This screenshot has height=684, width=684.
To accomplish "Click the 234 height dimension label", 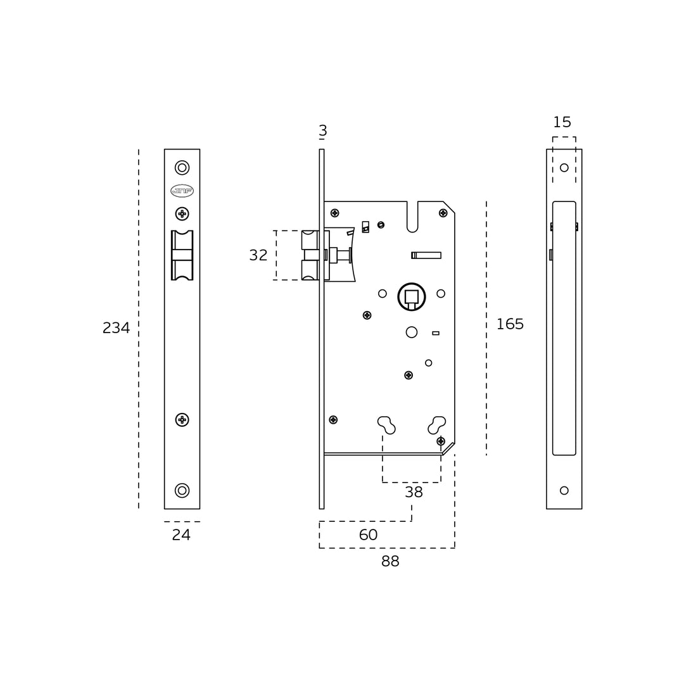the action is pyautogui.click(x=116, y=327).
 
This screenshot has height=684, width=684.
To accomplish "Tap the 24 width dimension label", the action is pyautogui.click(x=181, y=535).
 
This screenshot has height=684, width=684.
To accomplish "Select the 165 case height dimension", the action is pyautogui.click(x=510, y=324).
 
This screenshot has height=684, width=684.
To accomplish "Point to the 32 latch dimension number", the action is pyautogui.click(x=258, y=255).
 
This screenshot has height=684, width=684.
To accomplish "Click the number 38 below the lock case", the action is pyautogui.click(x=414, y=492).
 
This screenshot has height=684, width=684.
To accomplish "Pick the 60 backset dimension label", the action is pyautogui.click(x=368, y=535).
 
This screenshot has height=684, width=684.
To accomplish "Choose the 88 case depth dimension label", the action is pyautogui.click(x=390, y=561).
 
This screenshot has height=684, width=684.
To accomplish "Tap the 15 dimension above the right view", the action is pyautogui.click(x=562, y=122).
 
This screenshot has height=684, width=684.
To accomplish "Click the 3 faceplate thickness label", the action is pyautogui.click(x=323, y=130).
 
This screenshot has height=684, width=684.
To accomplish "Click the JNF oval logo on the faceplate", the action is pyautogui.click(x=182, y=191).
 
